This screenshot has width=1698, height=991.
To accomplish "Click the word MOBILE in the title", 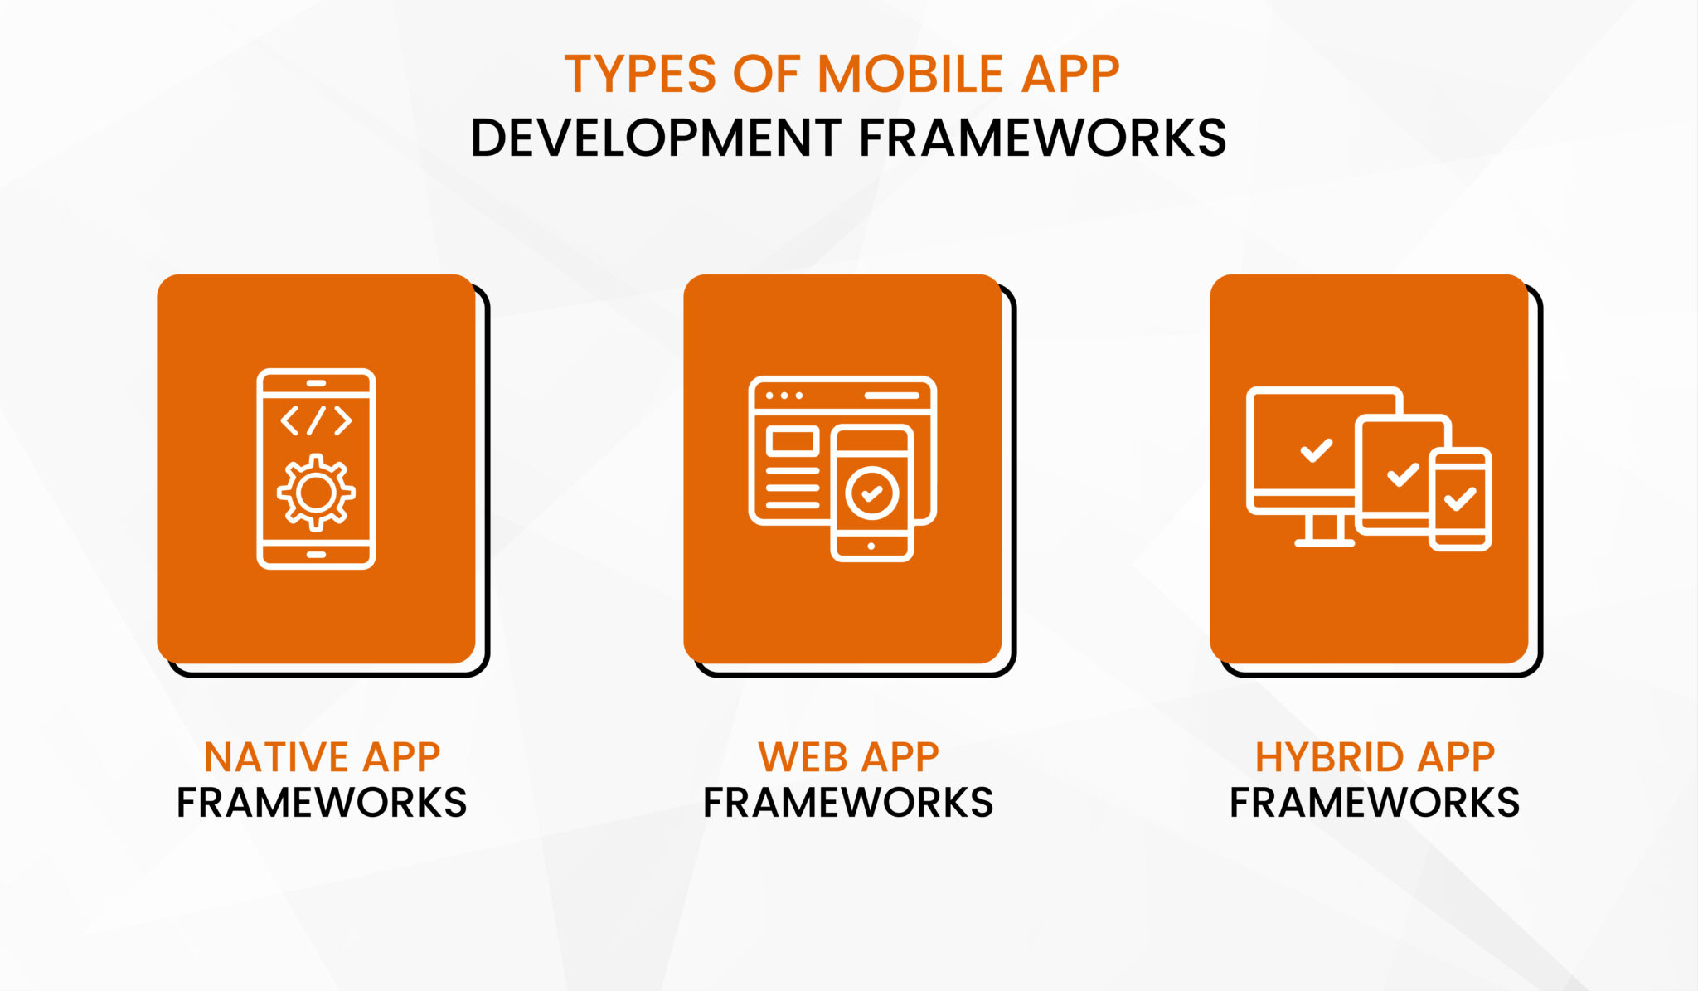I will click(x=910, y=74).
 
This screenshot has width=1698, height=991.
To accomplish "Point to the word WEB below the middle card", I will click(x=803, y=757).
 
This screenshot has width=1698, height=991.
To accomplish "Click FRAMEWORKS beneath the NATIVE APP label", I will click(x=322, y=803).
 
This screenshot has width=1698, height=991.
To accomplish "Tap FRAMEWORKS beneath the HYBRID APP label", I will click(x=1374, y=803).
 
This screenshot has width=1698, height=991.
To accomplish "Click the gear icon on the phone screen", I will click(x=316, y=493).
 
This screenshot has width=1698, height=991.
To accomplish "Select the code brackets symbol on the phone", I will click(x=316, y=420).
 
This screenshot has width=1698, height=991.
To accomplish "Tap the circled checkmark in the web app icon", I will click(x=871, y=493).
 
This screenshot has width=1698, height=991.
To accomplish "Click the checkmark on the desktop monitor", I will click(x=1316, y=450).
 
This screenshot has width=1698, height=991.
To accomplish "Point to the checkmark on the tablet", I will click(x=1403, y=474).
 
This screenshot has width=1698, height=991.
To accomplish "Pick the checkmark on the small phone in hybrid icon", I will click(x=1460, y=498).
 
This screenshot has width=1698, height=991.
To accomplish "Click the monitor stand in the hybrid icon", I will click(x=1324, y=531).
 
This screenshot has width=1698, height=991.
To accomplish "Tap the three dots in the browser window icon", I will click(x=784, y=396).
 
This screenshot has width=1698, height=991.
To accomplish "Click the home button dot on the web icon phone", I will click(x=871, y=547).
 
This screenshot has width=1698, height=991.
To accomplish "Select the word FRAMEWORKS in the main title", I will click(x=1042, y=138).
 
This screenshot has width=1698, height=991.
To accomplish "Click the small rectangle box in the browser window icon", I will click(x=793, y=441).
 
